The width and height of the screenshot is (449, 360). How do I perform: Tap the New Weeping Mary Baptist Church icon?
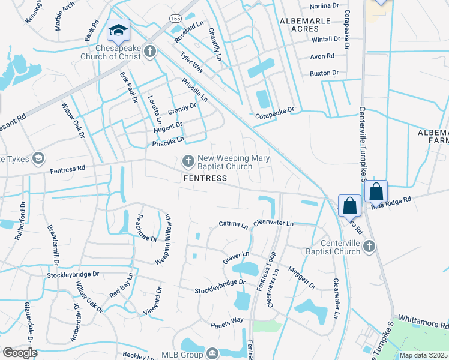pos(188,161)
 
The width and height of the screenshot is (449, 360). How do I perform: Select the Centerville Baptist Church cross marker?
pos(370,246)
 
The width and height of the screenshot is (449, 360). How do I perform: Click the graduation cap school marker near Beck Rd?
pos(118,29)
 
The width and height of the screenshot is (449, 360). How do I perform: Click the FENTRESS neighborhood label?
pos(205,178)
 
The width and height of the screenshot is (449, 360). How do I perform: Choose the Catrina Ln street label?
pos(233,226)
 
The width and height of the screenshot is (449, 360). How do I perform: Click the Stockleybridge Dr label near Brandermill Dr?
pos(73,275)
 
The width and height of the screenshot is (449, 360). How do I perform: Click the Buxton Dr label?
pos(324,73)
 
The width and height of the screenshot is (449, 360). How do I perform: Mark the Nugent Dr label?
pos(167,126)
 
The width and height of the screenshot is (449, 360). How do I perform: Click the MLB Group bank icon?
pos(212,353)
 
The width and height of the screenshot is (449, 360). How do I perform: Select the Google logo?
pos(20,353)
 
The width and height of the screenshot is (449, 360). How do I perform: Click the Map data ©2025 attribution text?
pos(424,355)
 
